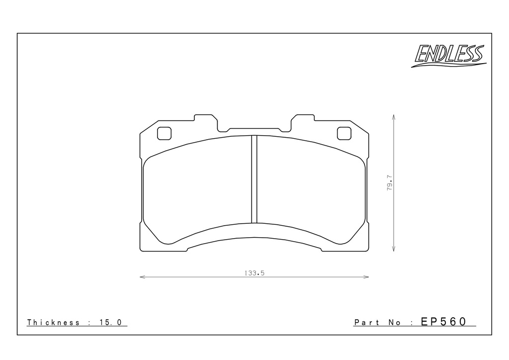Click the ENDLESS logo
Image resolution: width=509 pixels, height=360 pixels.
pos(449,55)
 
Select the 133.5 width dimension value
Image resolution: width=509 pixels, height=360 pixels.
pos(254,273)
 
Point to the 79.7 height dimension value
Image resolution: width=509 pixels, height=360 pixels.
pos(390,183)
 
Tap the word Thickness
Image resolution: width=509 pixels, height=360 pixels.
pos(53,322)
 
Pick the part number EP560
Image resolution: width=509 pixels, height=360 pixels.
pos(443,321)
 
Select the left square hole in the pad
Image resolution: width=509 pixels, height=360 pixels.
pos(164,133)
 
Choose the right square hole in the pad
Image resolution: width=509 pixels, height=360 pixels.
pos(344,133)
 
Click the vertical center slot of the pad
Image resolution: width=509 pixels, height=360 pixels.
pos(254,179)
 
